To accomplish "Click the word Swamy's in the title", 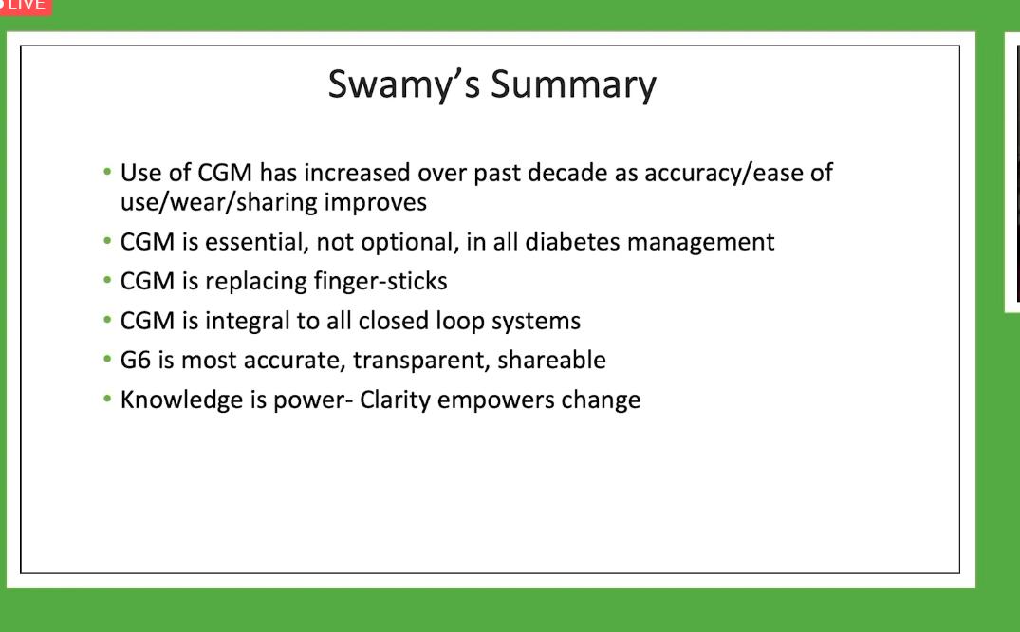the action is coord(403,85).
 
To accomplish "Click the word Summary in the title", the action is coord(573,85).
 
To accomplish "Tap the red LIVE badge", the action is coord(25,6).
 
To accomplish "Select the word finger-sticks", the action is coord(380,281).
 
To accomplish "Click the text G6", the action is coord(136,360).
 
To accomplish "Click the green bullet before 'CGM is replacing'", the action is coord(107,280).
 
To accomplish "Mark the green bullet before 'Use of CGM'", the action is coord(107,172).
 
